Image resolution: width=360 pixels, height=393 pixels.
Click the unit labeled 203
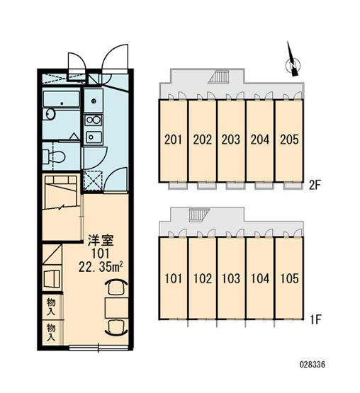(x=231, y=140)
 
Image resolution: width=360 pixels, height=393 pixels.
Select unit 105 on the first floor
(x=289, y=278)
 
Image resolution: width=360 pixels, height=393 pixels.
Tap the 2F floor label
(x=315, y=186)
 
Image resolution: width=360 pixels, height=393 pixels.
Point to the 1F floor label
(x=315, y=320)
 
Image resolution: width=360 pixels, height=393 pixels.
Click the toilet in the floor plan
(x=54, y=156)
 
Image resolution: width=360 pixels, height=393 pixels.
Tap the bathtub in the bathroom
(x=62, y=100)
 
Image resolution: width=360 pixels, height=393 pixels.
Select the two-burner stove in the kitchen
(x=93, y=120)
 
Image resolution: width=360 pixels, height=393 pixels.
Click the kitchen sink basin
(x=94, y=137)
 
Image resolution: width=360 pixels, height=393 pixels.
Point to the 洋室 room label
(x=101, y=240)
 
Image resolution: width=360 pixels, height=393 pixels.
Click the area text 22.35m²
(x=101, y=267)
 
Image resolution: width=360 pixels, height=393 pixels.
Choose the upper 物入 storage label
(x=51, y=307)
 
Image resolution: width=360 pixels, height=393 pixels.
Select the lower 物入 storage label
(x=51, y=332)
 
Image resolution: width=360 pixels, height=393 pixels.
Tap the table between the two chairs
(x=117, y=308)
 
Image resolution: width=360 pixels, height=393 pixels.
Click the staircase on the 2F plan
(x=220, y=76)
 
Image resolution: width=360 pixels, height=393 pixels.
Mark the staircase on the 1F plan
(x=198, y=215)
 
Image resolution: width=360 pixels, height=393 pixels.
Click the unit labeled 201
(x=173, y=140)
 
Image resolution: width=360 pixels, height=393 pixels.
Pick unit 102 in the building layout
(x=203, y=278)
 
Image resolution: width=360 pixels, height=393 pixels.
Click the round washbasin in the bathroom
(x=50, y=115)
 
